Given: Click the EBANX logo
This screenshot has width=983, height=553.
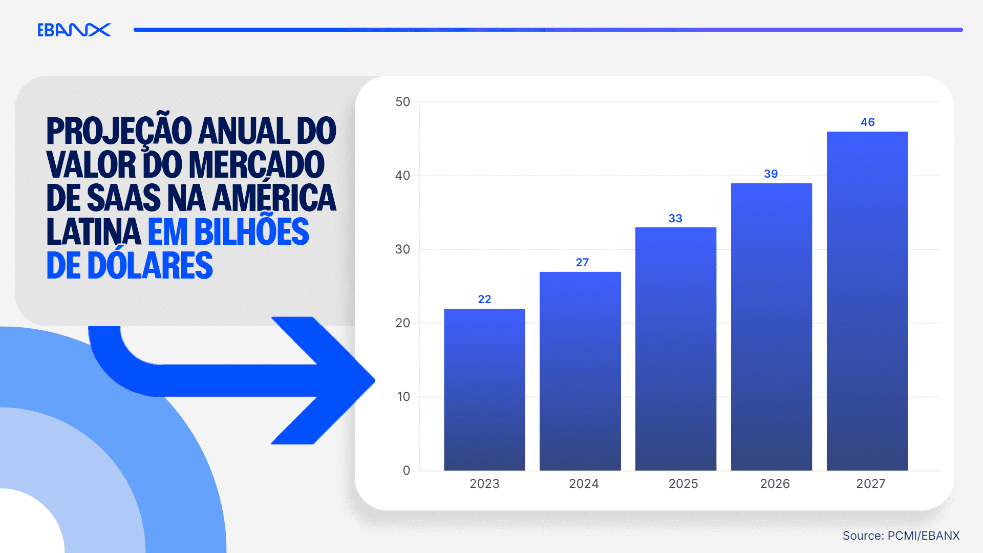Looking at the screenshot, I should [x=74, y=30].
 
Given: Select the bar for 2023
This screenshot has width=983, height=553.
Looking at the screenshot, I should [x=484, y=389].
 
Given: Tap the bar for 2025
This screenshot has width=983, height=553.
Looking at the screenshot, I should [x=675, y=348].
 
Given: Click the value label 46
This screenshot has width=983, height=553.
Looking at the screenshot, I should [x=867, y=122].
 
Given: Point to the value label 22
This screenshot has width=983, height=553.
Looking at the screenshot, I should [x=484, y=300].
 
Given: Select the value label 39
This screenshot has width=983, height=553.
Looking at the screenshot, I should [x=771, y=174].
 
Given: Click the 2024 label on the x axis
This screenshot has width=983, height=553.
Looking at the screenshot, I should [x=584, y=484].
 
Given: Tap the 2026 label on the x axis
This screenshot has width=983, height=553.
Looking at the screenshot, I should [x=775, y=484].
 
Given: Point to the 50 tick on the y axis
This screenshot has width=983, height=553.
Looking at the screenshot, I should [x=403, y=102].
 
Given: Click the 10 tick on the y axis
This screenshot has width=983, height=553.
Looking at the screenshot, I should [x=403, y=397].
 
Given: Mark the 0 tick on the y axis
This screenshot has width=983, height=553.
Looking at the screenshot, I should [x=407, y=471].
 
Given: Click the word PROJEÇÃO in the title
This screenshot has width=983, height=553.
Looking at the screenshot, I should [x=119, y=131].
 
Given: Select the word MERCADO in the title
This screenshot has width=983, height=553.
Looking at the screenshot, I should [x=257, y=165].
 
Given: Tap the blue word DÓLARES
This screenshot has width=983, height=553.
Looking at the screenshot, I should [x=150, y=266].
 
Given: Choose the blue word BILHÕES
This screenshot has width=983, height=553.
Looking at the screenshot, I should [x=251, y=232].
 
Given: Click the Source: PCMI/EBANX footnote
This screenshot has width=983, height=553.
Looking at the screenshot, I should [x=901, y=536].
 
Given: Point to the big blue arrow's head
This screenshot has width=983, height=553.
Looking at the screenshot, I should [x=333, y=380].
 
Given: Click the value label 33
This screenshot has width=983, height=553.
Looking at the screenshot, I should [x=675, y=219].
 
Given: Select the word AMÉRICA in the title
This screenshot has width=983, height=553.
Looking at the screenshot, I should [x=274, y=198].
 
